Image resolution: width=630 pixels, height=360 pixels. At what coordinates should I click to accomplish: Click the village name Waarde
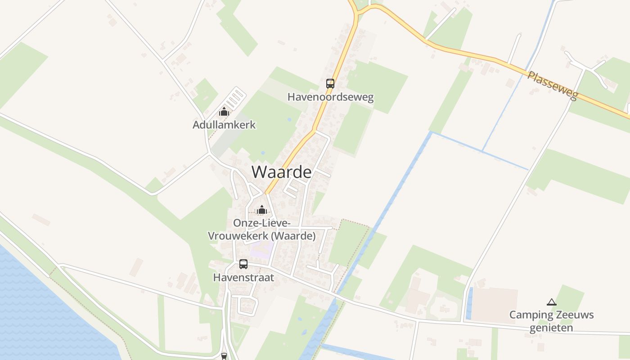coord(281,172)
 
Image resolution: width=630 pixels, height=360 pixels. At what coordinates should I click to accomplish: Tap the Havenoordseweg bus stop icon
coord(330,83)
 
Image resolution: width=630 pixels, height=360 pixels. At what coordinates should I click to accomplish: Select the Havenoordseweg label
coord(330,97)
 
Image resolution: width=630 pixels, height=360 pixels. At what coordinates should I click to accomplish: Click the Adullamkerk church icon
coord(224,112)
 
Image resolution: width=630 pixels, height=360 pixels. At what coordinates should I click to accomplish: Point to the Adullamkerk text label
coord(224,125)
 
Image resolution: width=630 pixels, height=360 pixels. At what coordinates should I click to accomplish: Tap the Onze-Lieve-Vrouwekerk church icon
coord(261,210)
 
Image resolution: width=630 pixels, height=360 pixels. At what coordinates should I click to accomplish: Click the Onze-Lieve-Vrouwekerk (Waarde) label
coord(261,229)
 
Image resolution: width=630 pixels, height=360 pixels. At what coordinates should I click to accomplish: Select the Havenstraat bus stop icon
coord(243,264)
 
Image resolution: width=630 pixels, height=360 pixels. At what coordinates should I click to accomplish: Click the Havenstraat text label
coord(243,278)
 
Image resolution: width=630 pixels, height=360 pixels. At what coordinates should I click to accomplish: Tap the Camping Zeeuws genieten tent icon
coord(551,302)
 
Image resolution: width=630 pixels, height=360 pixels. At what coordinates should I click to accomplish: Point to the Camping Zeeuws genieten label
coord(551,321)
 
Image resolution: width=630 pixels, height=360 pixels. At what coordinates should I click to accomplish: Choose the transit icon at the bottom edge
coord(224,356)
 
